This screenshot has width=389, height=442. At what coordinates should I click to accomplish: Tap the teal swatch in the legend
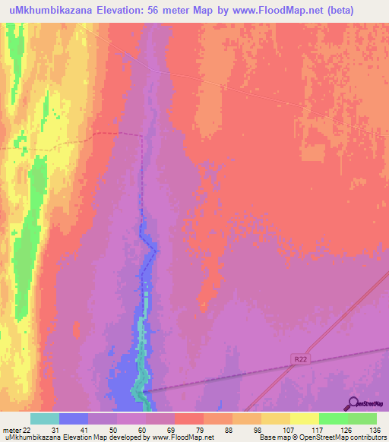click(x=45, y=418)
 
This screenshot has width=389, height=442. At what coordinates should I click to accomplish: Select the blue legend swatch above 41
click(x=74, y=418)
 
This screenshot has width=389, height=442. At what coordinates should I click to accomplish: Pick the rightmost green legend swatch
click(x=362, y=418)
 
